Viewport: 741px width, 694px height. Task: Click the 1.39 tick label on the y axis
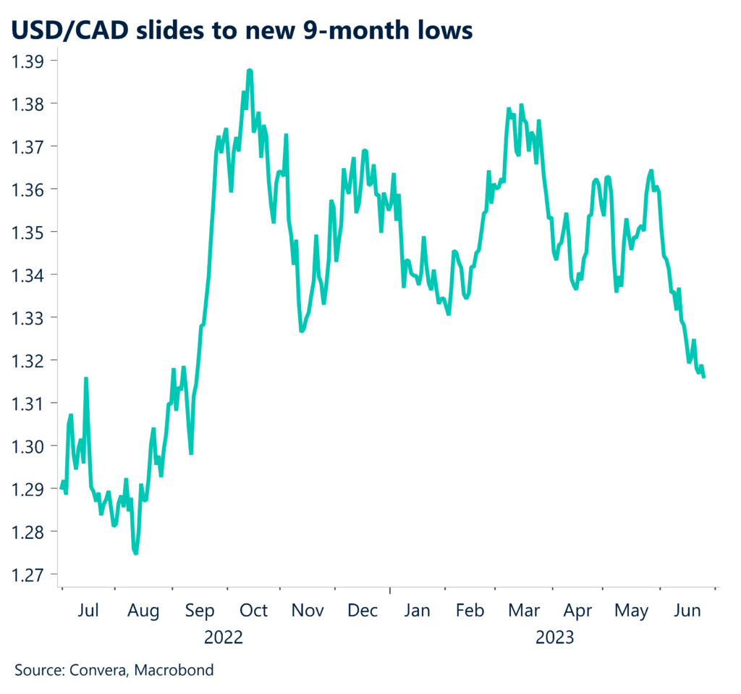pos(27,61)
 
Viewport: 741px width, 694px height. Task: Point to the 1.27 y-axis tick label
pos(27,574)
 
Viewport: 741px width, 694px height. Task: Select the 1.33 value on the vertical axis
pos(27,318)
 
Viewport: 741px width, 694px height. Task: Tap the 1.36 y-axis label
pos(27,190)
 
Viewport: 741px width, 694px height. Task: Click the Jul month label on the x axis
pos(88,611)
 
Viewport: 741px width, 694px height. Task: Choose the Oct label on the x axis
pos(253,611)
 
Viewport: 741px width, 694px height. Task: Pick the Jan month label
pos(417,611)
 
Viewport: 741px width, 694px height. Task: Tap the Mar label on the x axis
pos(523,611)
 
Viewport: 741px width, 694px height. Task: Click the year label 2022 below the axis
pos(224,637)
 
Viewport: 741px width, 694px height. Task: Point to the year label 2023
pos(554,637)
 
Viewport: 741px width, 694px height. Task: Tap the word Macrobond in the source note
pos(178,670)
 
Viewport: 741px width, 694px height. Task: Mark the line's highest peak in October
pos(249,70)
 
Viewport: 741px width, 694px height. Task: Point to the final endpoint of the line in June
pos(704,377)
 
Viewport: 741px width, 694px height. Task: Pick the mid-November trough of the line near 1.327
pos(302,331)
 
